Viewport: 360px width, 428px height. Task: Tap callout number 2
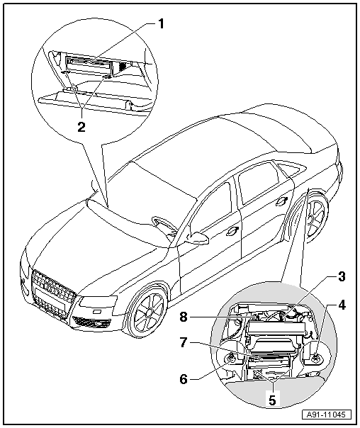pos(81,127)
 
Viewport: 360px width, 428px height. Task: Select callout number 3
pos(342,276)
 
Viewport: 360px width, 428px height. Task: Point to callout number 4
pos(342,305)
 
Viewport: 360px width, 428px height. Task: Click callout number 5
pos(272,400)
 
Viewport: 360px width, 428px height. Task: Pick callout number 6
pos(184,379)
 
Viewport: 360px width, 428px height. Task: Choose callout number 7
pos(184,342)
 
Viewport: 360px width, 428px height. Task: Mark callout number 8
pos(184,317)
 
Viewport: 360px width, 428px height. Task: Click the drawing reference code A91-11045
pos(326,415)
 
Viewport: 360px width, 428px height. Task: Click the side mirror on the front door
pos(197,237)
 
